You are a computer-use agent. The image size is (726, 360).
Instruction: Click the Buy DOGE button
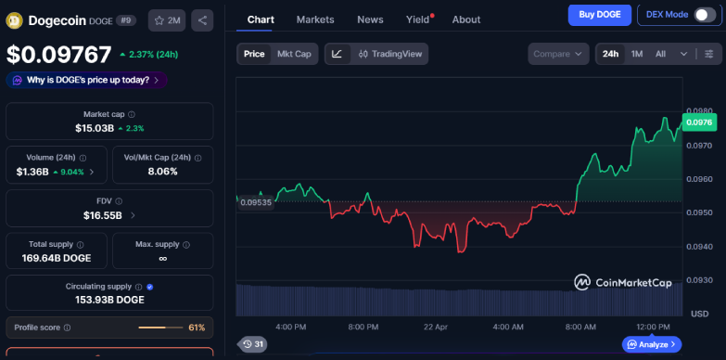(599, 15)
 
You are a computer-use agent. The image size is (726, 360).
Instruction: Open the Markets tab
(315, 19)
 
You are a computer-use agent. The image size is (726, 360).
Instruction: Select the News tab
(370, 19)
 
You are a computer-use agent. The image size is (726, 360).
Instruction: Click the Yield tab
(418, 19)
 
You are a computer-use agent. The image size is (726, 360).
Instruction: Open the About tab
(465, 19)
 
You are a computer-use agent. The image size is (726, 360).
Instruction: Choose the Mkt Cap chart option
(294, 54)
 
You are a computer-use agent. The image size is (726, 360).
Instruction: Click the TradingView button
(390, 54)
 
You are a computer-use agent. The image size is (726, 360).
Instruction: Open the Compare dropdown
(558, 54)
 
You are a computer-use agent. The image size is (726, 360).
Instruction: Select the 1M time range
(637, 54)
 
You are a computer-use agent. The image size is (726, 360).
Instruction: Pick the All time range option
(660, 54)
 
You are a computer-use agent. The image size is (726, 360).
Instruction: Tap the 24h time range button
(610, 54)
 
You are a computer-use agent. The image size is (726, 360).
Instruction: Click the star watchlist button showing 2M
(167, 19)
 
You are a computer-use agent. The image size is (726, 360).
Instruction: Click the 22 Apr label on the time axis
(436, 328)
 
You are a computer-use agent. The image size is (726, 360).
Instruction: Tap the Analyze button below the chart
(653, 344)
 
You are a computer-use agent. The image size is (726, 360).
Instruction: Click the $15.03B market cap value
(94, 128)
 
